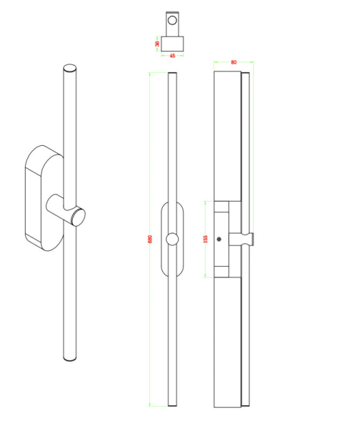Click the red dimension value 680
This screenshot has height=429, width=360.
pos(150,239)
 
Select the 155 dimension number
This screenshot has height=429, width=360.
pos(205,239)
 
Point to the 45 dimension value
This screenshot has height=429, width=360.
pos(172,56)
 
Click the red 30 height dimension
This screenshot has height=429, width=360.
pos(156,42)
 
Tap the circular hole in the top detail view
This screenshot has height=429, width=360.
pos(171,20)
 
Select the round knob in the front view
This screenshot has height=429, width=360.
pos(172,239)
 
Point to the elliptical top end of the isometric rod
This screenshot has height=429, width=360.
pos(69,69)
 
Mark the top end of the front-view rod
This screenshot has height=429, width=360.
pos(171,74)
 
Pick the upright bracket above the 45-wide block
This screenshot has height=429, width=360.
pos(172,24)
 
